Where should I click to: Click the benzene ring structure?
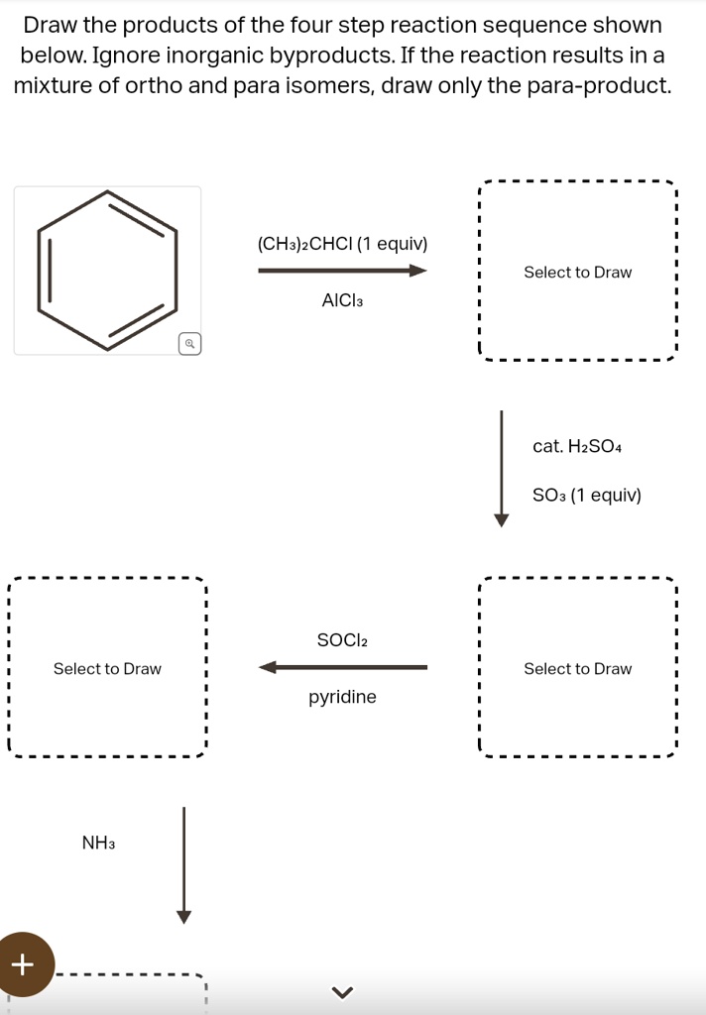107,191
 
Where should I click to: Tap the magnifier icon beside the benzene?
189,344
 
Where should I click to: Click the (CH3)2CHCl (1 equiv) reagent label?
343,244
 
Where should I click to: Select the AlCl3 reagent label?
343,300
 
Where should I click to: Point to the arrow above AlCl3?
343,271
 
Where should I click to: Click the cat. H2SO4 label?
577,446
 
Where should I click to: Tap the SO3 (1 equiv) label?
587,496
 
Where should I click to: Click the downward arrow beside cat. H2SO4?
502,469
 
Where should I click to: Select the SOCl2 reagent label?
343,640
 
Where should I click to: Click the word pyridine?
343,697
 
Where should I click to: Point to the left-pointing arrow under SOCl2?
343,667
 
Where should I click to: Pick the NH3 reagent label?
98,843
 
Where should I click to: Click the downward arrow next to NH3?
184,864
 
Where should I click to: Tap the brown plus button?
25,964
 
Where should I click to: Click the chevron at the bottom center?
343,991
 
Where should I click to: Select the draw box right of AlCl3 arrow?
577,181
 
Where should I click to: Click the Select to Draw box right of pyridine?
577,578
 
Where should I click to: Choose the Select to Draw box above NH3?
107,578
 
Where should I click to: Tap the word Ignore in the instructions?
126,56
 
